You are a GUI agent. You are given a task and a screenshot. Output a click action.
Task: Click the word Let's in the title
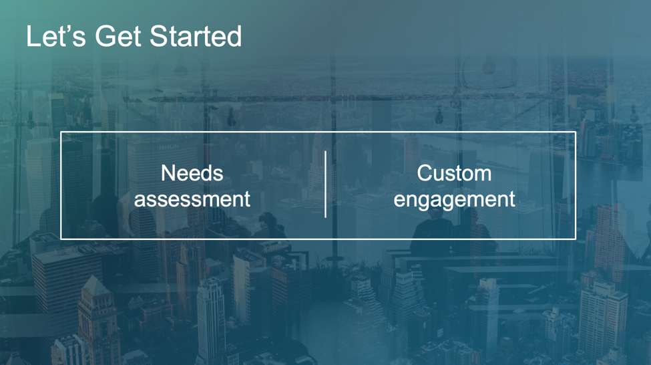coord(56,36)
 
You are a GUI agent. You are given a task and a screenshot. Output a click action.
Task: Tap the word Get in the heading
coord(118,36)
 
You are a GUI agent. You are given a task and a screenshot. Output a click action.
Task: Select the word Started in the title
coord(196,35)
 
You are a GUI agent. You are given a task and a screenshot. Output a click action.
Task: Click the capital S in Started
coord(159,36)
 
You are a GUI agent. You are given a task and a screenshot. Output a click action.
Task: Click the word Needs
coord(192,173)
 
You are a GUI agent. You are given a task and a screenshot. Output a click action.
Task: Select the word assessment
coord(192,199)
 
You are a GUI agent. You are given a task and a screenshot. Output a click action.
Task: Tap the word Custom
coord(454,173)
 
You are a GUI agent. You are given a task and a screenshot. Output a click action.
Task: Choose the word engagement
coord(454,200)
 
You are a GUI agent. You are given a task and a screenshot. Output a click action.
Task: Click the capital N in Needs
coord(168,173)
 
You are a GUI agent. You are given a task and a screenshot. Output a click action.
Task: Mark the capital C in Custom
coord(425,173)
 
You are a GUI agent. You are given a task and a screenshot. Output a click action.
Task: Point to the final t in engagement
coord(512,199)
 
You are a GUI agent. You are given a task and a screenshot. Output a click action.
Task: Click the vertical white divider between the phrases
coord(325,184)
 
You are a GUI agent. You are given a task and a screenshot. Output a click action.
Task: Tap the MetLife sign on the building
coord(169,147)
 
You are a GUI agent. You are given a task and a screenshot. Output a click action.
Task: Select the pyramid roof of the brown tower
coord(95,286)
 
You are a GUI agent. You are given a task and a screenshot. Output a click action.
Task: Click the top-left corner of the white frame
coord(61,132)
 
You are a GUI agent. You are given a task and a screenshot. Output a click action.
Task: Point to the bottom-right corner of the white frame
coord(576,239)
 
